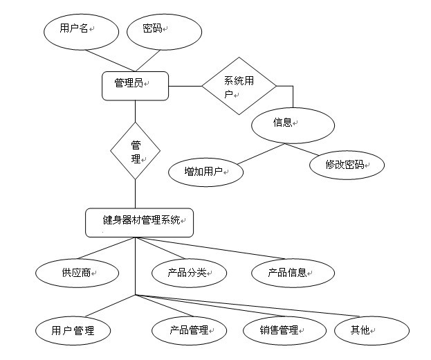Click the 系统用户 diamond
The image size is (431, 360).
[239, 86]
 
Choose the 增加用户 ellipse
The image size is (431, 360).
[205, 171]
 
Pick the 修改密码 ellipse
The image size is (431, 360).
[345, 165]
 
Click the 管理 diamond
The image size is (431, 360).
[136, 151]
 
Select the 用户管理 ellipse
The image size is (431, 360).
[73, 330]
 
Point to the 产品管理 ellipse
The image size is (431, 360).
[188, 330]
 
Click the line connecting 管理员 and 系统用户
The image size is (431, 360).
[185, 86]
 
